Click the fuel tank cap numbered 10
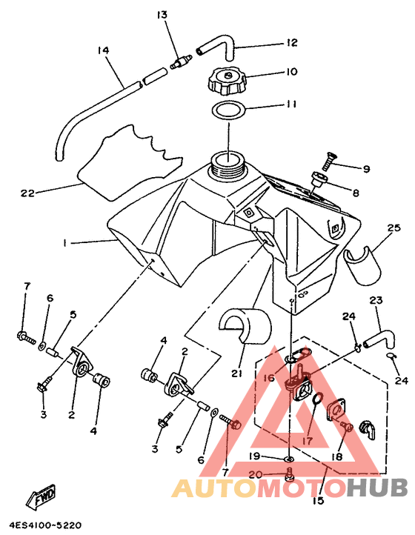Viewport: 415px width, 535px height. [x=226, y=81]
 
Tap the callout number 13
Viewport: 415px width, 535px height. [x=162, y=15]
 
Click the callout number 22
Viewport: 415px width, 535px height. [x=27, y=193]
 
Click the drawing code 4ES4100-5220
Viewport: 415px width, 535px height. [x=45, y=525]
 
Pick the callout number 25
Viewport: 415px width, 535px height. [x=394, y=227]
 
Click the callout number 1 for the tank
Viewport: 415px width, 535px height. [x=64, y=242]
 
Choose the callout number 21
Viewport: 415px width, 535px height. [x=236, y=373]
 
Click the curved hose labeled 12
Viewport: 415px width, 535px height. [x=217, y=47]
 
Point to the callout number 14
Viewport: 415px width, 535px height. [x=103, y=50]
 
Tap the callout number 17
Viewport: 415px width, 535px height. [x=307, y=440]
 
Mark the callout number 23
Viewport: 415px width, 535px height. [x=376, y=301]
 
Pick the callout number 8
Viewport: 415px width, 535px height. [x=355, y=193]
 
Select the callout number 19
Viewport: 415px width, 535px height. [x=255, y=456]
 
